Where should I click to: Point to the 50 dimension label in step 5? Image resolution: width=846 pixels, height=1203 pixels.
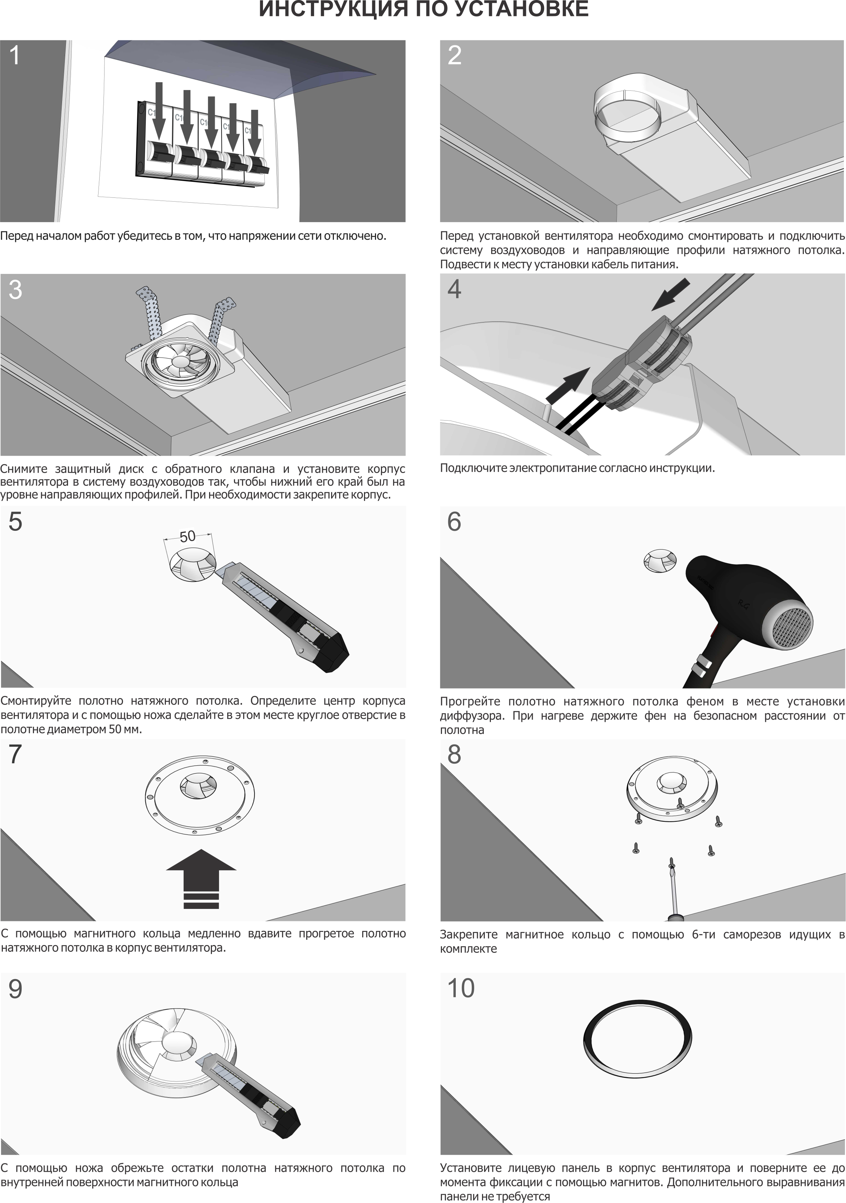[187, 536]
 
